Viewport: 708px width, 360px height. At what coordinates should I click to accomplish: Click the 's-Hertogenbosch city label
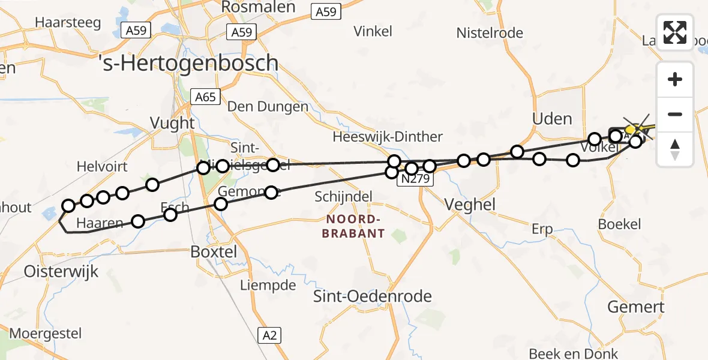tap(188, 63)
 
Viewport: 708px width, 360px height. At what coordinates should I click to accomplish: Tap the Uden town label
tap(552, 118)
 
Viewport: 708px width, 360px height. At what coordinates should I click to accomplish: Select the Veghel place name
tap(470, 205)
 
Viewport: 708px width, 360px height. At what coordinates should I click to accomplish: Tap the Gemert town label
tap(635, 307)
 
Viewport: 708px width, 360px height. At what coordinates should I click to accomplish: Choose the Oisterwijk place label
tap(61, 271)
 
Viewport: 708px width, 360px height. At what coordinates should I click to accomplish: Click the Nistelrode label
tap(490, 33)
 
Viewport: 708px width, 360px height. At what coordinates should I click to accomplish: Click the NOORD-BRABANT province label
tap(353, 226)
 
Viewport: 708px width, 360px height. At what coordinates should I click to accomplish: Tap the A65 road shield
tap(205, 97)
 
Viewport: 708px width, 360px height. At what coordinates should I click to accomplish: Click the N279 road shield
tap(415, 179)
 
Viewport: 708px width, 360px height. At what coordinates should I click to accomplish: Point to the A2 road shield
tap(270, 335)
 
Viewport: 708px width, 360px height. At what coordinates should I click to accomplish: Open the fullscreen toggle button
tap(675, 32)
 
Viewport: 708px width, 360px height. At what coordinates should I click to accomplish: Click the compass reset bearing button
tap(675, 149)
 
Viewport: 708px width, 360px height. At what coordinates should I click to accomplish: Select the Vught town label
tap(173, 123)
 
